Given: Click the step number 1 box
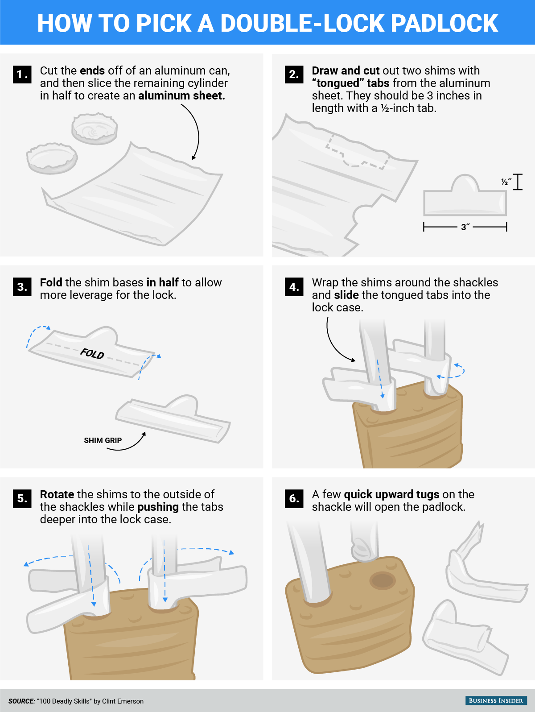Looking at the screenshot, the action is (22, 75).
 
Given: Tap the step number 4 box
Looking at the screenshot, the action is (294, 287).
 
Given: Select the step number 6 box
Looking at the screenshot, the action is (294, 499).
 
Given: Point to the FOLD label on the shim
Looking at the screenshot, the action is (92, 354).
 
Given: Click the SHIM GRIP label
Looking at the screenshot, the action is (103, 440).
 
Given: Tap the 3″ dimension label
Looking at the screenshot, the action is (465, 227).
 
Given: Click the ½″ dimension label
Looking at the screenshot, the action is (506, 182).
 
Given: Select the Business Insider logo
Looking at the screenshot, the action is (495, 700).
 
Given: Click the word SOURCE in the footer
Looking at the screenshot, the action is (21, 701).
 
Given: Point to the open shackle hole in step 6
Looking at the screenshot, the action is (383, 580).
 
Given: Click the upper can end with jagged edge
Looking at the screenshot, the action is (95, 128).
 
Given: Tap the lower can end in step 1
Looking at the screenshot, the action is (52, 158).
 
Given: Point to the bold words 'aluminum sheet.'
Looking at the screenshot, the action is (181, 95).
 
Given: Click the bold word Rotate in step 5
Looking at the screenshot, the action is (57, 494).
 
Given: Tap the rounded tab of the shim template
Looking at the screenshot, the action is (465, 183).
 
